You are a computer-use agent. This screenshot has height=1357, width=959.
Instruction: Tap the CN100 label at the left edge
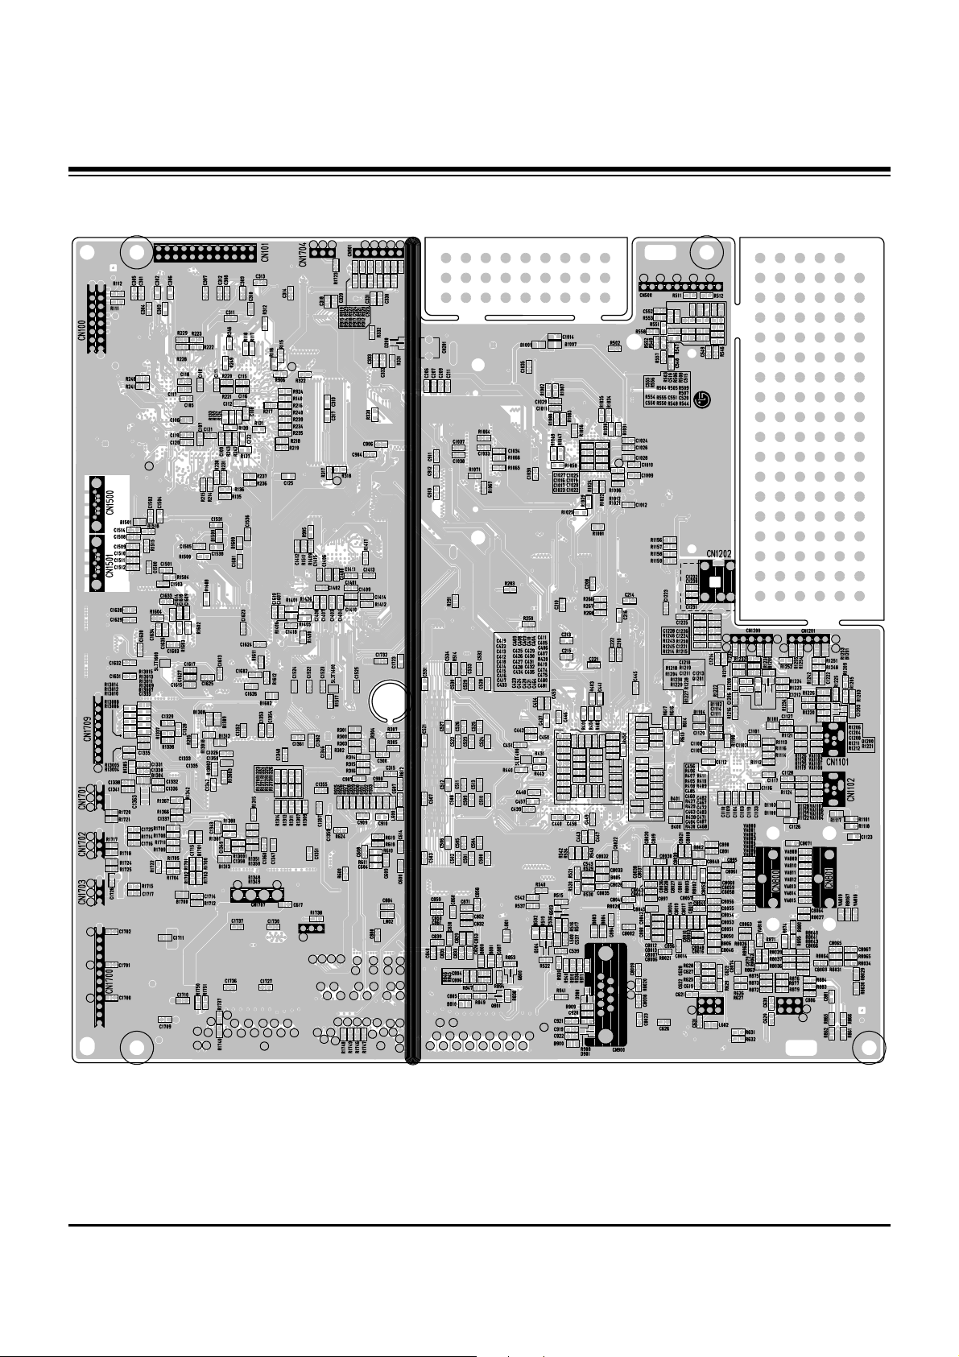coord(81,330)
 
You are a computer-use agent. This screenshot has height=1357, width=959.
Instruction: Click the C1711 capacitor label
coord(176,938)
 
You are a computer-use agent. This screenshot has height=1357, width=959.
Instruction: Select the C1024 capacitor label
coord(642,441)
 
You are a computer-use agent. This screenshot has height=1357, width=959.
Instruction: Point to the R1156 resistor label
coord(655,540)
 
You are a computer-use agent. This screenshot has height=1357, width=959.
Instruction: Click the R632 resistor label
coord(750,1039)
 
